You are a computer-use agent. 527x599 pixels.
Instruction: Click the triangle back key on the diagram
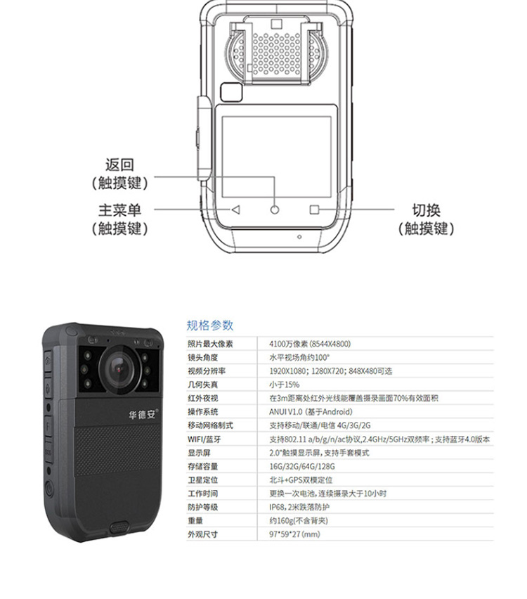pos(235,210)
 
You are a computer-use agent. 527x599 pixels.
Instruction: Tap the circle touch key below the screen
pos(275,210)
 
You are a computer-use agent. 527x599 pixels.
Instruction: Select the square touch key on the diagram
pos(314,210)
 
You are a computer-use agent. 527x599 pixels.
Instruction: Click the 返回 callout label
pos(119,165)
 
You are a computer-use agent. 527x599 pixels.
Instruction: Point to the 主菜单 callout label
pos(120,210)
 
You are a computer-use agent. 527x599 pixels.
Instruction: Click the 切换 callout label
pos(427,210)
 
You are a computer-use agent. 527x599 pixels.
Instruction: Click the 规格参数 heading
pos(209,326)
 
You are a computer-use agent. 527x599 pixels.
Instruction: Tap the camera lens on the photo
pos(119,369)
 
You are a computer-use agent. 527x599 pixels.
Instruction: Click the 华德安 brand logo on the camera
pos(143,414)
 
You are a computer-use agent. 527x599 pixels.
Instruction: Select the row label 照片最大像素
pos(210,344)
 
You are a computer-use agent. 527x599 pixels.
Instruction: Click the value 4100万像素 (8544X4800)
pos(310,344)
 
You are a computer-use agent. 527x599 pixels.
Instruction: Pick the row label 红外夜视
pos(202,398)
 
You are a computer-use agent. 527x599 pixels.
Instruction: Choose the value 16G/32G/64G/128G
pos(301,466)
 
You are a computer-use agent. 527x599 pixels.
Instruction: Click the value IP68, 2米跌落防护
pos(299,507)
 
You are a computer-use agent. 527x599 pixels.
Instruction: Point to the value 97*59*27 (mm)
pos(294,534)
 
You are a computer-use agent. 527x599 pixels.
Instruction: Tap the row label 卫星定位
pos(202,479)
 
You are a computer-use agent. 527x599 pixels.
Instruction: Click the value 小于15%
pos(284,385)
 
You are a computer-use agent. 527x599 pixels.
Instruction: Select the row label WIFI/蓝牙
pos(204,439)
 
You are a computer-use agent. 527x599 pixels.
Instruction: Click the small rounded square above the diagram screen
pos(231,92)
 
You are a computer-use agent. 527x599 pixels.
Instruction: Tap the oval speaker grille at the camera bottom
pos(119,528)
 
